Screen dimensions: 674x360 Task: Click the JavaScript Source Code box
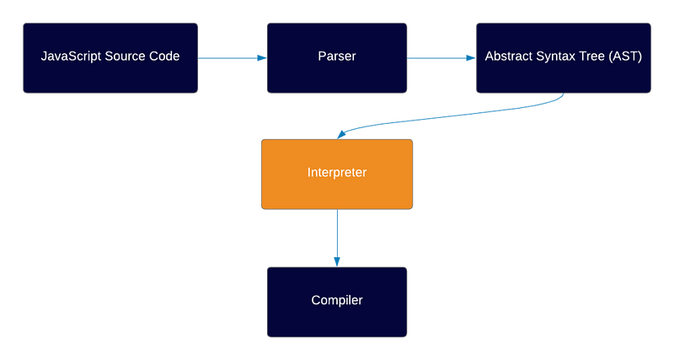(110, 58)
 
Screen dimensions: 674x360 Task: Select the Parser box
(337, 58)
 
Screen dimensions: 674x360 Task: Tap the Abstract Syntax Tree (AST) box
(564, 58)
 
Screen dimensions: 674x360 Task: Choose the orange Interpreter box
(337, 175)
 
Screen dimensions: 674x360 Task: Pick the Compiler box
(337, 302)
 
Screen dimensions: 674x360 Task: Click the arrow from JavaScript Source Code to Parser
(233, 58)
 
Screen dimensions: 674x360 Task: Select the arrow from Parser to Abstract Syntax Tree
(441, 58)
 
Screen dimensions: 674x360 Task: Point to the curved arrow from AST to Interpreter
(452, 116)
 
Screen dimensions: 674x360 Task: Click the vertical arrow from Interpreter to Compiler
(337, 238)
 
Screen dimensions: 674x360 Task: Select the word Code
(163, 56)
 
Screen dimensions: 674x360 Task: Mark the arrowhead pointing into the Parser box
(262, 58)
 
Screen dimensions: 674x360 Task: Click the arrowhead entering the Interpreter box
(341, 135)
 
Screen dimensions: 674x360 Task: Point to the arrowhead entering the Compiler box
(337, 262)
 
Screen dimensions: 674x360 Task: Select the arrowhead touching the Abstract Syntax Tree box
(471, 58)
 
